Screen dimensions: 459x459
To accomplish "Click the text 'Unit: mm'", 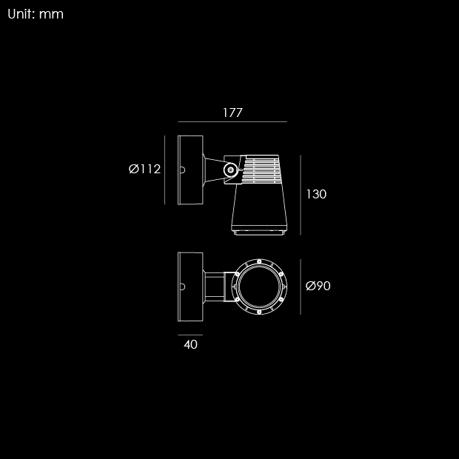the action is click(x=36, y=14).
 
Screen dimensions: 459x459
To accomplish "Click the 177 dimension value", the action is click(x=232, y=113).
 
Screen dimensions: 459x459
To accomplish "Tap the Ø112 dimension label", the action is click(x=144, y=170).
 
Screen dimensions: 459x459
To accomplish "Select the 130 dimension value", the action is click(x=316, y=194).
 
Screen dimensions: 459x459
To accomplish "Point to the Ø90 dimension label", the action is click(x=318, y=286).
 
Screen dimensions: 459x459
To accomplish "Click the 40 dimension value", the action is click(x=190, y=344).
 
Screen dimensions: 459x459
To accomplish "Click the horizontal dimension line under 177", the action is click(x=232, y=121).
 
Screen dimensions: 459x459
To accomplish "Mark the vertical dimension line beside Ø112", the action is click(x=164, y=170).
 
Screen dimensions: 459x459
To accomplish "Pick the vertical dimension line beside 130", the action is click(x=301, y=195).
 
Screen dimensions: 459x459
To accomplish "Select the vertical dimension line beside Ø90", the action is click(x=301, y=287).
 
